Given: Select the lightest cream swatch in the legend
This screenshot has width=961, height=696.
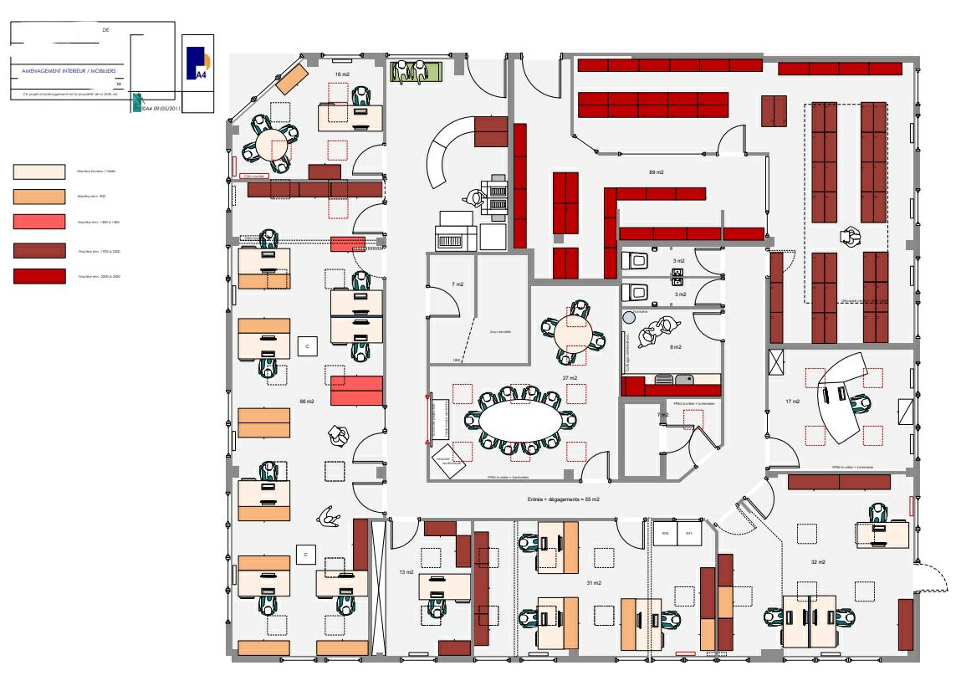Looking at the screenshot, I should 38,171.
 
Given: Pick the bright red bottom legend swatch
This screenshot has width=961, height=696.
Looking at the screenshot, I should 38,275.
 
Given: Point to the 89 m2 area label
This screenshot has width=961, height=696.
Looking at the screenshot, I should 656,172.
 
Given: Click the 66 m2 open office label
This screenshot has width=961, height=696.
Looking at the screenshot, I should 307,402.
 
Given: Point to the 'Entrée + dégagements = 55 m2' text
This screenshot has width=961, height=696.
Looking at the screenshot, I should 563,499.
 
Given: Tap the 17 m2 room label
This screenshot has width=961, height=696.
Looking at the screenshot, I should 792,402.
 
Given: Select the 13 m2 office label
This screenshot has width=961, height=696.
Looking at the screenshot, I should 406,572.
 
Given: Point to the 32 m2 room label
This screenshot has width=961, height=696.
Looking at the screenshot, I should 818,561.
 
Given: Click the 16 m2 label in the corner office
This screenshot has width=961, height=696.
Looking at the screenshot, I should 341,75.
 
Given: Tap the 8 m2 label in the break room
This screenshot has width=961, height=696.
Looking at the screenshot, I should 675,346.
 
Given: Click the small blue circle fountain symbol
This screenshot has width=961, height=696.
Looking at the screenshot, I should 627,317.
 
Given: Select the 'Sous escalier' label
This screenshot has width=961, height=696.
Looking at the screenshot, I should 499,331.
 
